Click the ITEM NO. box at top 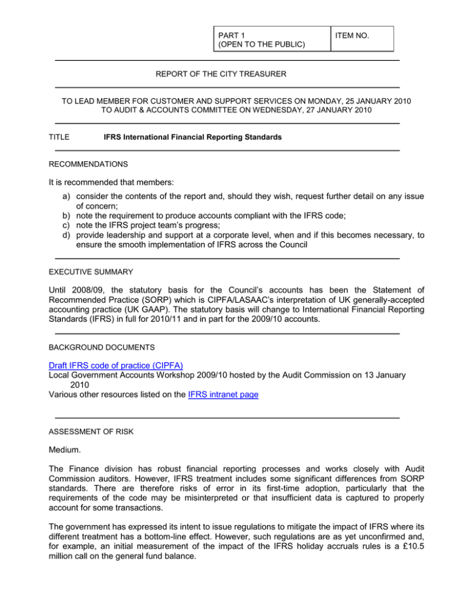coord(362,38)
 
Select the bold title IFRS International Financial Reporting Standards coord(193,138)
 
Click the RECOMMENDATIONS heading coord(88,164)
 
